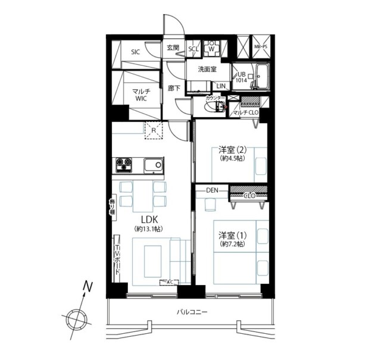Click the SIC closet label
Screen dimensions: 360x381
click(x=135, y=52)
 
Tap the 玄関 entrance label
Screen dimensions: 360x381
click(x=173, y=48)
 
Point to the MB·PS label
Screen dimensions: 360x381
click(x=261, y=46)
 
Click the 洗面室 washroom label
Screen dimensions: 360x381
click(x=208, y=69)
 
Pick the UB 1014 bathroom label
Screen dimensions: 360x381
click(x=241, y=77)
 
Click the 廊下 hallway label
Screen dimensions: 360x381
click(x=173, y=88)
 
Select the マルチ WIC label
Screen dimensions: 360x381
click(x=141, y=95)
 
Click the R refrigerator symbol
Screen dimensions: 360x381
click(x=154, y=130)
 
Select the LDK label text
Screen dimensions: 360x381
click(x=149, y=219)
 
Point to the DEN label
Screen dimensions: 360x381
click(x=213, y=190)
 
